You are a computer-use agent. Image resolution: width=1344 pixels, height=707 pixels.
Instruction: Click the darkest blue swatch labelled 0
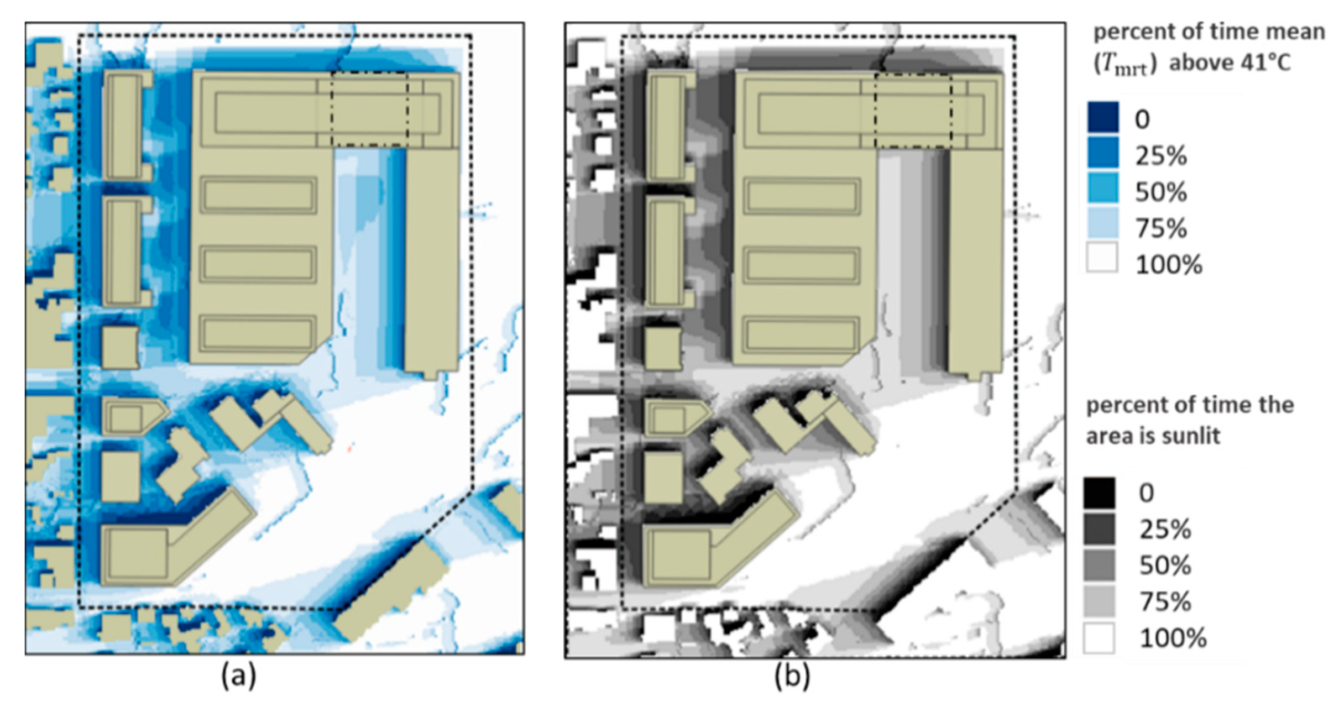pos(1102,117)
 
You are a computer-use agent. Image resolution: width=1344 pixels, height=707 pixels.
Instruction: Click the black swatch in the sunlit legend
pos(1099,493)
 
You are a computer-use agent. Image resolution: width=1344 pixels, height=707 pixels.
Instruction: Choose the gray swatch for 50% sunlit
pos(1099,565)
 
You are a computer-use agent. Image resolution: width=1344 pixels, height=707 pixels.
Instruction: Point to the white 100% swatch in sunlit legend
pos(1099,637)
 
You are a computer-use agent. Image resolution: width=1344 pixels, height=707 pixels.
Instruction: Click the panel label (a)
pos(239,675)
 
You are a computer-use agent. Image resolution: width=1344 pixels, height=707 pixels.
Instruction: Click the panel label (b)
pos(792,675)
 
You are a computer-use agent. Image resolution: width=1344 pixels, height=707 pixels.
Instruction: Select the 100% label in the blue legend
pos(1169,265)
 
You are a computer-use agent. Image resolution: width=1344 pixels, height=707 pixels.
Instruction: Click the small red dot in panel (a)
pos(349,449)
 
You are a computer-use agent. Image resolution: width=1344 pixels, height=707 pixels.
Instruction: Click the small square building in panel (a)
pos(121,347)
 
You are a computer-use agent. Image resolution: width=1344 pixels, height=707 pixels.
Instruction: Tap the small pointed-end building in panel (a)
pos(133,416)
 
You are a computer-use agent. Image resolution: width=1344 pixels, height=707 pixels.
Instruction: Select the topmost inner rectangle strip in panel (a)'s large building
pos(265,112)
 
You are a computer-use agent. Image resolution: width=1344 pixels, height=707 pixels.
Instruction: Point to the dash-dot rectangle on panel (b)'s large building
pos(913,111)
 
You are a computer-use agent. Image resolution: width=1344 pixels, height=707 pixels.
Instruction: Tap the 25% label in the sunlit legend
pos(1165,530)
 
